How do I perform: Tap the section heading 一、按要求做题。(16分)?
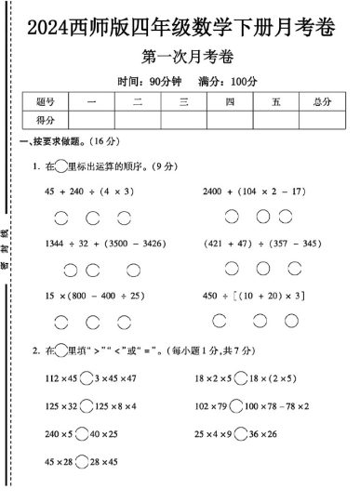[x=65, y=141]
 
